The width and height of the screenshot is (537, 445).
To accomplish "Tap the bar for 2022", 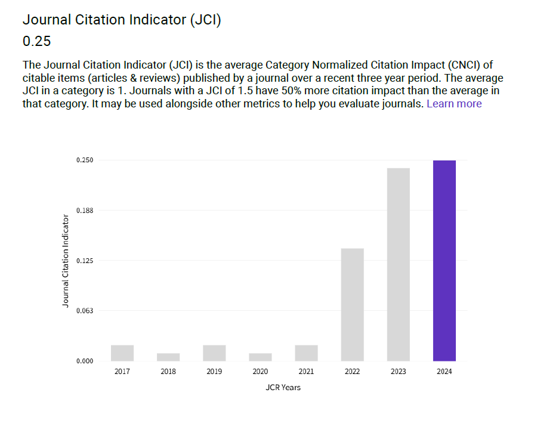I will pyautogui.click(x=352, y=304).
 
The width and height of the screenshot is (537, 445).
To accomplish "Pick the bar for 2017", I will pyautogui.click(x=122, y=353).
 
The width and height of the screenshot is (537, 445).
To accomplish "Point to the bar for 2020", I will pyautogui.click(x=260, y=357).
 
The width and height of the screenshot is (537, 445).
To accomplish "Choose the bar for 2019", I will pyautogui.click(x=214, y=353).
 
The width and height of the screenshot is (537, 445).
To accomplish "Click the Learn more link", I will pyautogui.click(x=454, y=104).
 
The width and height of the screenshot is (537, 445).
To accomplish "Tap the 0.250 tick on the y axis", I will pyautogui.click(x=84, y=160).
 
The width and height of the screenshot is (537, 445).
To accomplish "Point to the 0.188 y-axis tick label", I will pyautogui.click(x=84, y=211).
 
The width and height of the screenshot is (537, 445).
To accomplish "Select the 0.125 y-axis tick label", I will pyautogui.click(x=84, y=261).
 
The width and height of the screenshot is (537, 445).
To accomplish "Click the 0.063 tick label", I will pyautogui.click(x=84, y=311).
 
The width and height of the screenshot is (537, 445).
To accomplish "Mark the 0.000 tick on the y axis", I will pyautogui.click(x=84, y=361).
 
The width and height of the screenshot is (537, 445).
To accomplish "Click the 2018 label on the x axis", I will pyautogui.click(x=168, y=372).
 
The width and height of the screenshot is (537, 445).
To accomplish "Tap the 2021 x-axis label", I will pyautogui.click(x=306, y=372).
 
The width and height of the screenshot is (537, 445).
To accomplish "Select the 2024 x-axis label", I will pyautogui.click(x=444, y=372).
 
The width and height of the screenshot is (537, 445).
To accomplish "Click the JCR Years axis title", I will pyautogui.click(x=283, y=388).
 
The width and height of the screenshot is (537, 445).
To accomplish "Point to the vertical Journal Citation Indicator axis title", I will pyautogui.click(x=66, y=261).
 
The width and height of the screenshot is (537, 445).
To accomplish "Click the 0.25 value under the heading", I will pyautogui.click(x=36, y=41).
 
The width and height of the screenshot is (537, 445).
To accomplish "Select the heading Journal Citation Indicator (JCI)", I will pyautogui.click(x=122, y=20).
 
